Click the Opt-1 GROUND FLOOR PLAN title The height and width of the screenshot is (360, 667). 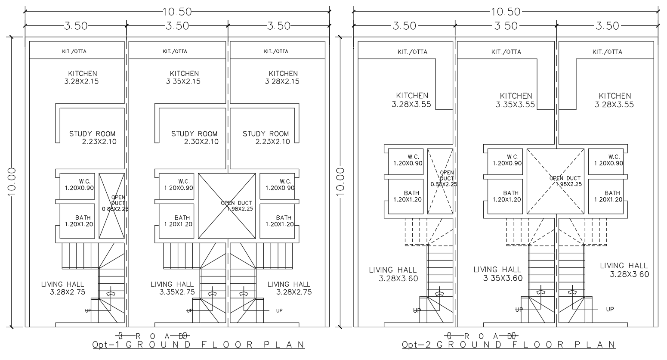198,345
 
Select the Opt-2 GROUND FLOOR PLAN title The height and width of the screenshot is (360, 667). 509,345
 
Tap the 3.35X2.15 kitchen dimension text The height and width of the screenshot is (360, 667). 183,81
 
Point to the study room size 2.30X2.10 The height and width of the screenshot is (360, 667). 201,142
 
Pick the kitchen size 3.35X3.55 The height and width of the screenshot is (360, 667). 515,105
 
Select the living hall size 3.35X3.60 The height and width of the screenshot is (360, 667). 503,278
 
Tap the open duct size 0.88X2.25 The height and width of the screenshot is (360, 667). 115,209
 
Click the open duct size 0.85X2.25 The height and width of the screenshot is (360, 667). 444,184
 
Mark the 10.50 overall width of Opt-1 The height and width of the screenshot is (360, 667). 177,12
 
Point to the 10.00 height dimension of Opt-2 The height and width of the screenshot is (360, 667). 341,182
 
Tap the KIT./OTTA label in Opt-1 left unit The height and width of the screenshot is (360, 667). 74,51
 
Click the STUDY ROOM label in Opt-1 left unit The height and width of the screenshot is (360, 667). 93,134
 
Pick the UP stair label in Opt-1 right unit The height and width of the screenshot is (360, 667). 279,310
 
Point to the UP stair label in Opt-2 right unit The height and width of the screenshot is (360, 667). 610,309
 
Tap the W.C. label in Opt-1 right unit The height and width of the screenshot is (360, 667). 286,181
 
